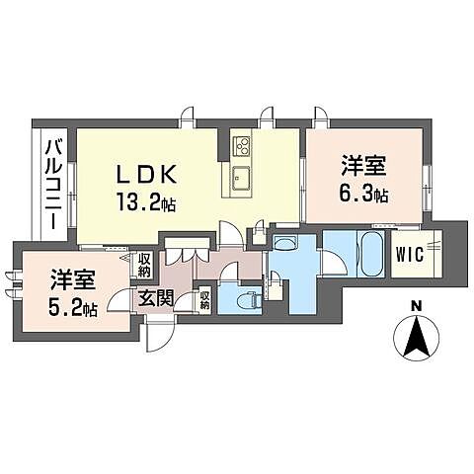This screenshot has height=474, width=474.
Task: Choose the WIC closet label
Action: coord(409,254)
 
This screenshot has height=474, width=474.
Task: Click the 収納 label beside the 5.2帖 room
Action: coord(143,265)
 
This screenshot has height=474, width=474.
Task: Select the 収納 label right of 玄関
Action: coord(204,297)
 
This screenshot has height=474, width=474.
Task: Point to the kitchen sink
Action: coord(242,182)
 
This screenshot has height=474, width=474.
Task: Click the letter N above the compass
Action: coord(417,307)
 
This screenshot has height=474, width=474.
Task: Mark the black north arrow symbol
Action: coord(417,341)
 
